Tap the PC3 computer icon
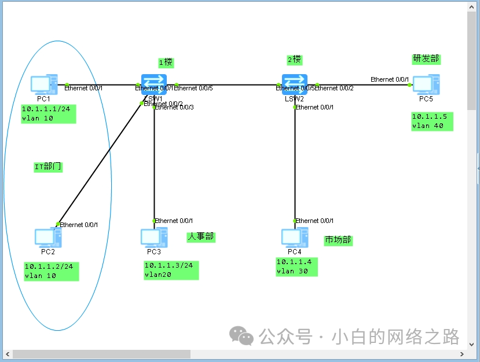(x=153, y=237)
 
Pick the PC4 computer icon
(x=294, y=237)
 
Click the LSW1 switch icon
(x=153, y=83)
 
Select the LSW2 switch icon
(x=294, y=83)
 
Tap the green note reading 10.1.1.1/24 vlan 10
(x=49, y=114)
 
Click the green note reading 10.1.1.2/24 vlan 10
(x=51, y=271)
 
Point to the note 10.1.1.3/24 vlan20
(x=171, y=270)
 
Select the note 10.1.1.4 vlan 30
(x=296, y=266)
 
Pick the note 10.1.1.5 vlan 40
(x=432, y=121)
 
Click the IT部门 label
(x=48, y=167)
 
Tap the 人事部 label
(x=200, y=236)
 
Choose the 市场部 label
(x=338, y=240)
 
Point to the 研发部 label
(x=426, y=59)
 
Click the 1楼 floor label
(x=166, y=62)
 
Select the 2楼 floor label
(x=295, y=60)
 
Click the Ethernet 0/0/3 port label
(x=175, y=108)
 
